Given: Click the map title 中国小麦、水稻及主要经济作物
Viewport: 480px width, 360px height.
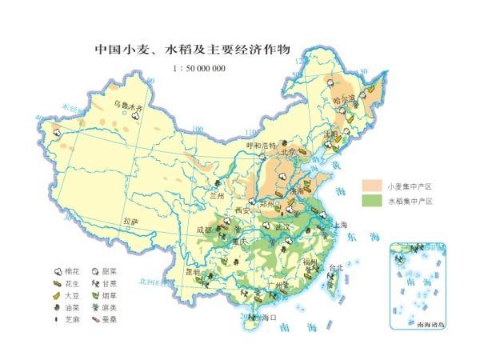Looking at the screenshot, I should tap(191, 50).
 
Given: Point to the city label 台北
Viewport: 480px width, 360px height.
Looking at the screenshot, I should tap(336, 268).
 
